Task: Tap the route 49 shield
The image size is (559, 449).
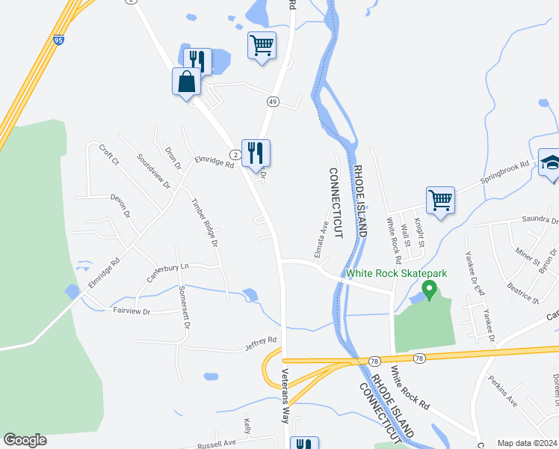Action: [x=273, y=101]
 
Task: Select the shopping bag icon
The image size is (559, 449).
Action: [x=187, y=82]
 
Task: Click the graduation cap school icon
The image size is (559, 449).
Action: [x=551, y=162]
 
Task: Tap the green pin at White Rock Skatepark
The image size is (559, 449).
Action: [x=429, y=290]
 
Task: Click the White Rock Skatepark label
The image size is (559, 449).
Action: [x=396, y=274]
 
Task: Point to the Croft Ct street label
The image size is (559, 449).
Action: [x=109, y=154]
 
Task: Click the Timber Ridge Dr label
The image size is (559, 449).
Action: [x=203, y=222]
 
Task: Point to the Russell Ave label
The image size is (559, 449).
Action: [x=216, y=442]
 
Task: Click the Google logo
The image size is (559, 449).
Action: [x=25, y=440]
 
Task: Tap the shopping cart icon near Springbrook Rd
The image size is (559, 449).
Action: [x=441, y=200]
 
